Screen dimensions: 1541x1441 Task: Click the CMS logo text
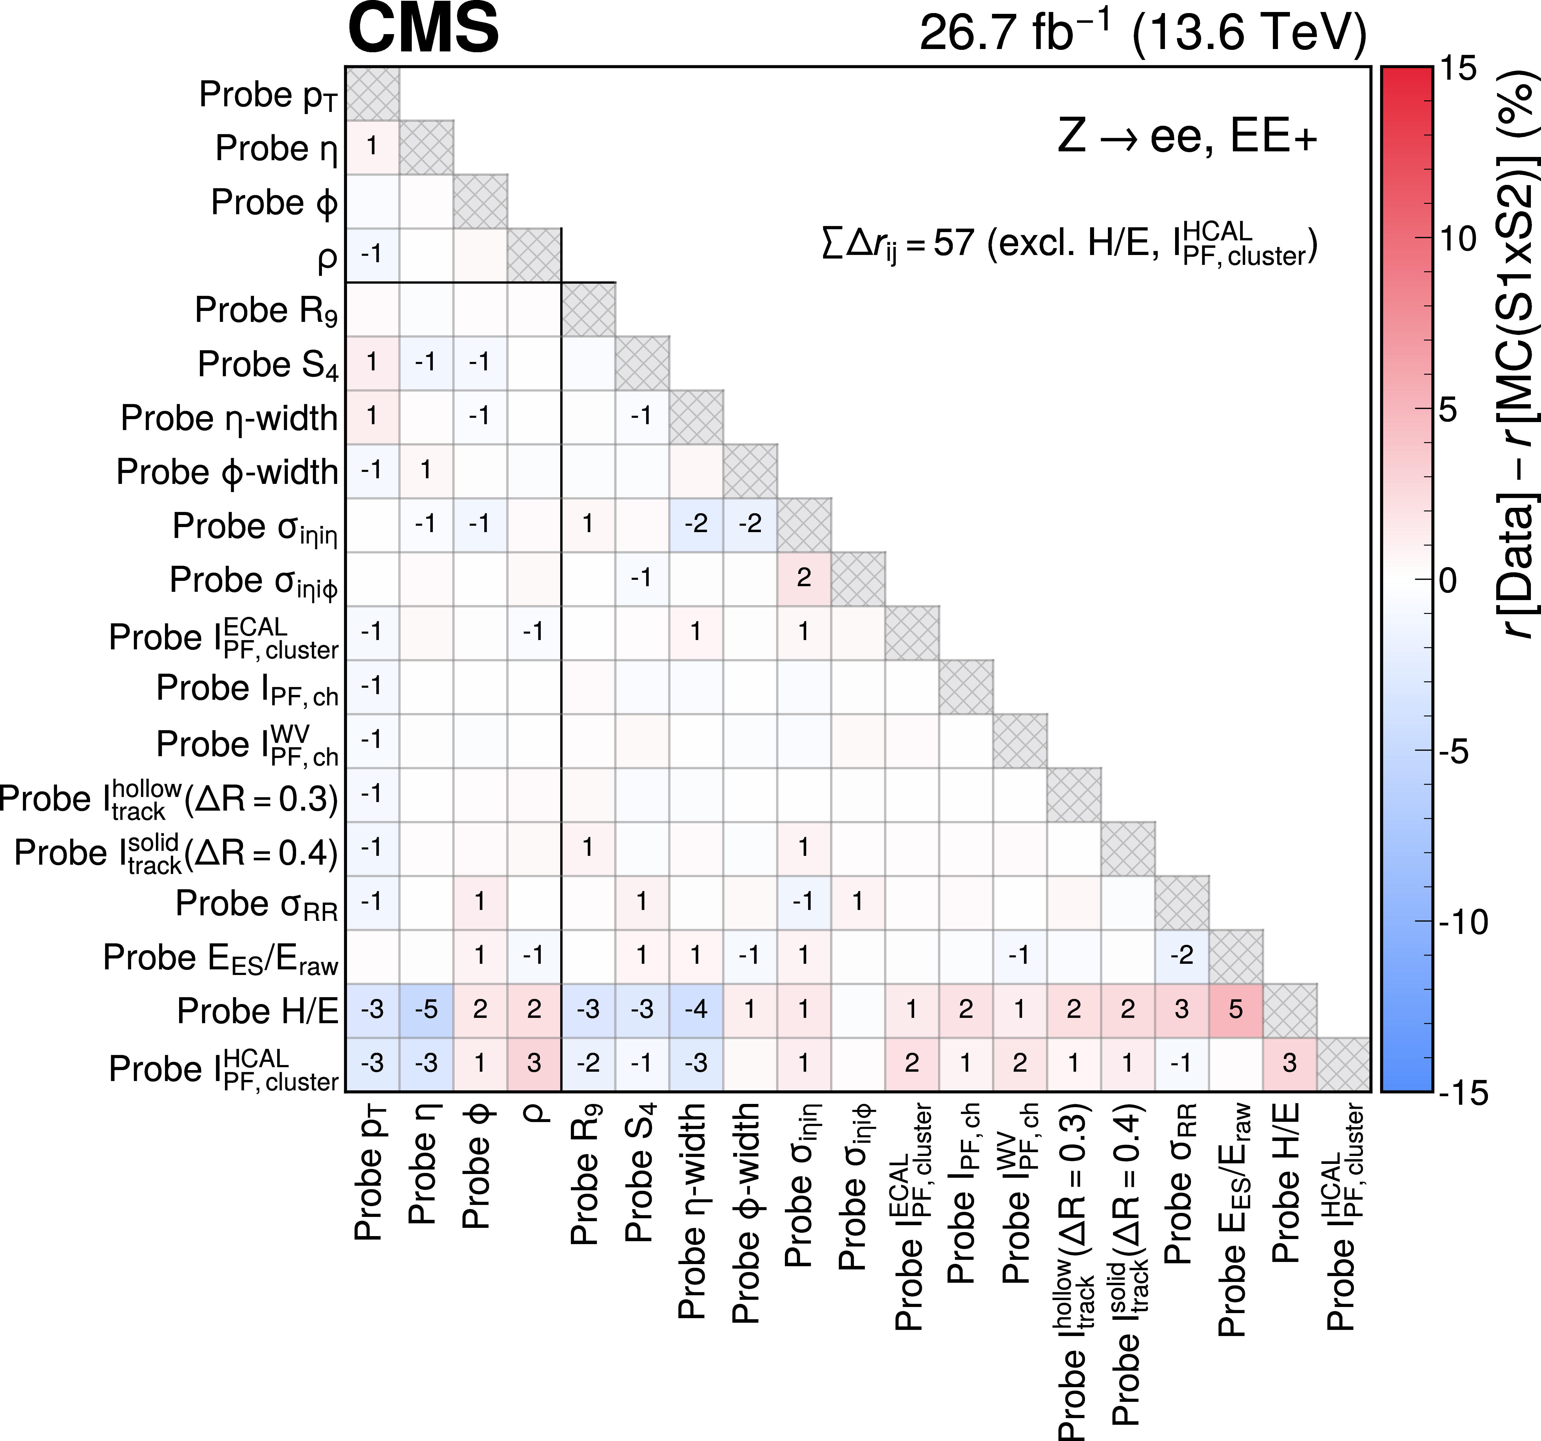pyautogui.click(x=423, y=28)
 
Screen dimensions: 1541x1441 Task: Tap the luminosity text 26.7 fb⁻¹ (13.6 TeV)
pyautogui.click(x=1143, y=33)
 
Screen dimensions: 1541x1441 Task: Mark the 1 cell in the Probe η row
pyautogui.click(x=372, y=147)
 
